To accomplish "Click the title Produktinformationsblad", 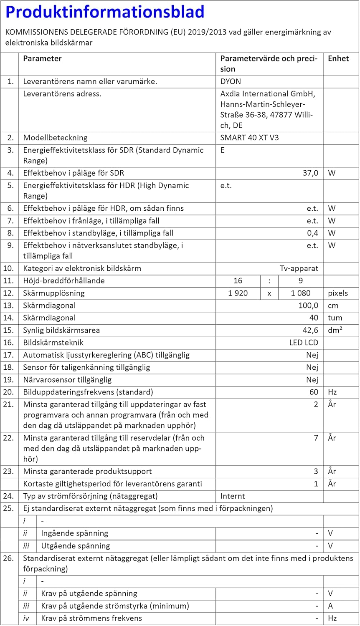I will click(105, 12).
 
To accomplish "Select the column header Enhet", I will click(338, 58).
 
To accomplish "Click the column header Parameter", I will click(42, 58).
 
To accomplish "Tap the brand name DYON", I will click(231, 81).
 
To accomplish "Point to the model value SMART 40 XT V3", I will click(249, 138).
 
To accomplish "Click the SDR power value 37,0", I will click(310, 173).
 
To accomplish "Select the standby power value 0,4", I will click(312, 233).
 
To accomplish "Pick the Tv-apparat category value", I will click(299, 268).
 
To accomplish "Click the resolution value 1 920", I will click(238, 293).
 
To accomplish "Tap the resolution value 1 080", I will click(301, 293).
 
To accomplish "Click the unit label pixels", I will click(337, 293).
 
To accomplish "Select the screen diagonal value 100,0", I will click(308, 305).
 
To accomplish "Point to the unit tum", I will click(335, 318).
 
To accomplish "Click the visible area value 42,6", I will click(310, 330).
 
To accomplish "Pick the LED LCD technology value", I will click(304, 343).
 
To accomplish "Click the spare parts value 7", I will click(316, 438).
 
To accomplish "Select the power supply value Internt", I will click(233, 496).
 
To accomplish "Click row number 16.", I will click(8, 343).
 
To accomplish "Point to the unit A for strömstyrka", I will click(331, 606).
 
